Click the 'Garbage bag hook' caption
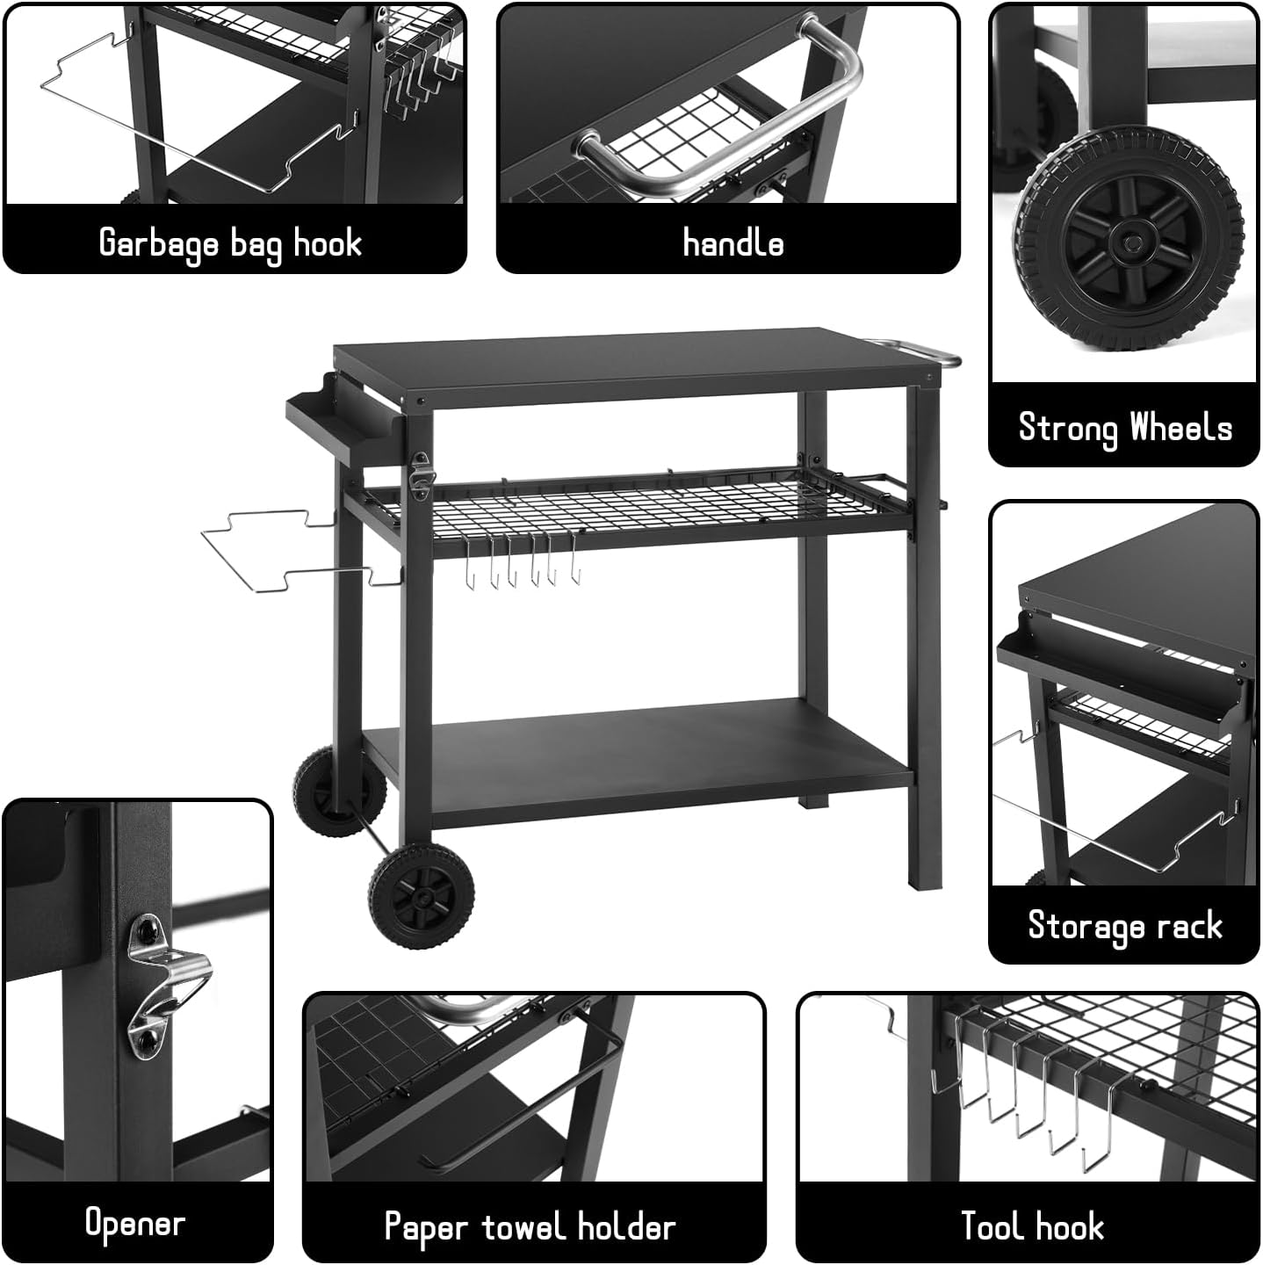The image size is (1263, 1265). [x=230, y=242]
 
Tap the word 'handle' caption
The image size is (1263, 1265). [x=733, y=242]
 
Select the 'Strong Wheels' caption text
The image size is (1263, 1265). [x=1124, y=428]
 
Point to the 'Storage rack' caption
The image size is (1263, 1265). [x=1124, y=925]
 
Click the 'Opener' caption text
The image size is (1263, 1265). [x=134, y=1223]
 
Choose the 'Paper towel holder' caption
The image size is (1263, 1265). [x=530, y=1226]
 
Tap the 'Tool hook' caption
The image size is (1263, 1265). [x=1032, y=1225]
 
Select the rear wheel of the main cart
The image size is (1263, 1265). [x=338, y=791]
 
